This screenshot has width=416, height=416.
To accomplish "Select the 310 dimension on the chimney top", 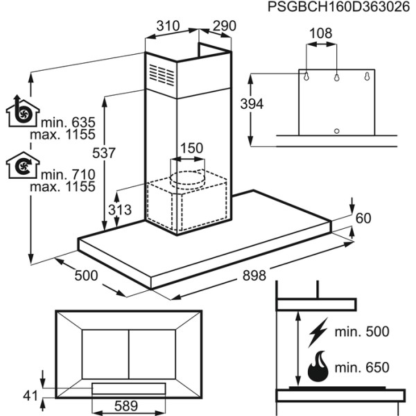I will tap(168, 26).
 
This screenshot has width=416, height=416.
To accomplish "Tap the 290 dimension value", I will tap(224, 26).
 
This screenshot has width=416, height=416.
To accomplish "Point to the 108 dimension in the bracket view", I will tap(321, 33).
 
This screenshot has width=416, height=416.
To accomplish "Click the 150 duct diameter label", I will tap(191, 148).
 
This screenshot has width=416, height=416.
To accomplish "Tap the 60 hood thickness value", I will tap(363, 218).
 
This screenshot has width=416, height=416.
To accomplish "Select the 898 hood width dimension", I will tap(254, 275).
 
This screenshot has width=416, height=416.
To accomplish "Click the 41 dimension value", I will tap(28, 396).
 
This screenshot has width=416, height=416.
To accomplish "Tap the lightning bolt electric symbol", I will tap(318, 332).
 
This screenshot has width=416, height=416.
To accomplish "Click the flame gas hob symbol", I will tap(318, 367).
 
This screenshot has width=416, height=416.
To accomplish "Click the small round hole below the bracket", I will tap(336, 130).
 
